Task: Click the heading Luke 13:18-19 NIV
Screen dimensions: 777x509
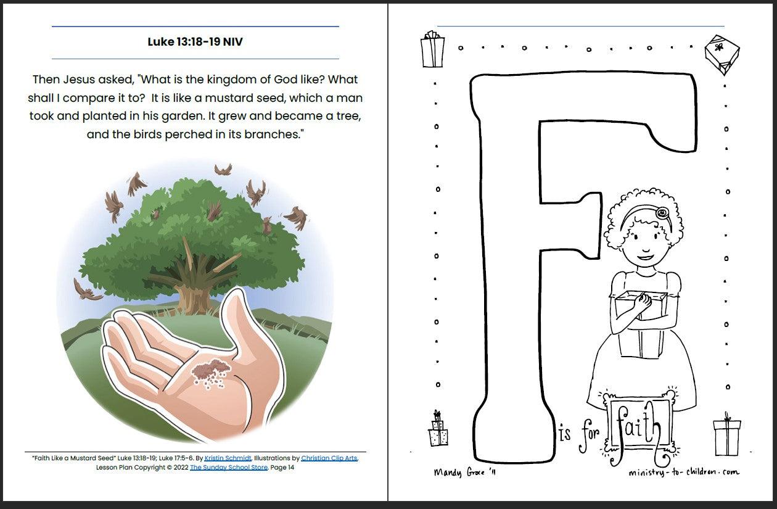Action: tap(195, 41)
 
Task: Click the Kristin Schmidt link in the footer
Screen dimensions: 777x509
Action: tap(228, 458)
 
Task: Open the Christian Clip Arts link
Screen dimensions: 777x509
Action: tap(329, 458)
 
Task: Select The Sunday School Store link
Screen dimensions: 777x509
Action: tap(229, 468)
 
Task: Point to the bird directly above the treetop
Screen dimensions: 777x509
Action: tap(223, 170)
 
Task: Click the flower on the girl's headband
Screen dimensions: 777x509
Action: tap(662, 212)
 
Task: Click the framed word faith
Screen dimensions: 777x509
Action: tap(638, 427)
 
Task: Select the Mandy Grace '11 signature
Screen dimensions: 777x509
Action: tap(465, 473)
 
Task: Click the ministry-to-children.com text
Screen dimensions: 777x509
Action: tap(684, 473)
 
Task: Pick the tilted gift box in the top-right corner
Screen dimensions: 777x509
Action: tap(722, 55)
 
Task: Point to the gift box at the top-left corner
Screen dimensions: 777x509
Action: tap(432, 49)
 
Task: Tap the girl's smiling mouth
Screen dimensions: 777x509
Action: tap(644, 257)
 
